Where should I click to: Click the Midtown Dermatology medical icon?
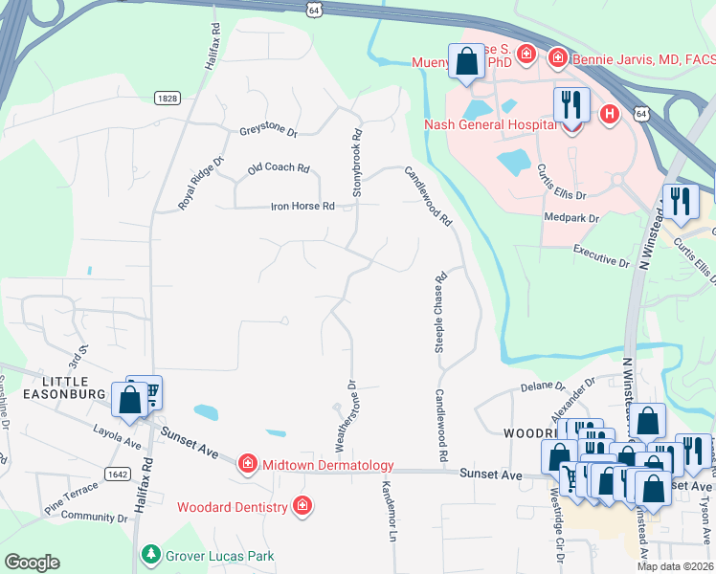tap(248, 465)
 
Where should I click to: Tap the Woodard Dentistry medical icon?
tap(302, 505)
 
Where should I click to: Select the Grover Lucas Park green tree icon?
tap(150, 555)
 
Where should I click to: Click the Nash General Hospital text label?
tap(491, 125)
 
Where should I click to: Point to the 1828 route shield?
tap(167, 98)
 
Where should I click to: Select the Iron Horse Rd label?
tap(302, 206)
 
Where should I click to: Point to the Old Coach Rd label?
tap(279, 168)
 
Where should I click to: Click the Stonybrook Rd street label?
tap(357, 163)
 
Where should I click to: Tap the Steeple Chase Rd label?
tap(441, 315)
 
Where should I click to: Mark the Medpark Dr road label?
tap(571, 218)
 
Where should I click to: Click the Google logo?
tap(33, 562)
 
